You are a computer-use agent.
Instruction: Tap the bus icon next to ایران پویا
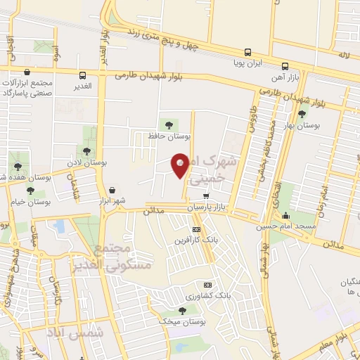(247, 52)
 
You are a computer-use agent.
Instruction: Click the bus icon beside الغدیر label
(83, 75)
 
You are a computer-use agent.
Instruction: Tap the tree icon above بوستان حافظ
(165, 124)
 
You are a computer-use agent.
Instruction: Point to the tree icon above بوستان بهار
(302, 114)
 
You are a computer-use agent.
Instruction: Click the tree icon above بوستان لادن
(87, 151)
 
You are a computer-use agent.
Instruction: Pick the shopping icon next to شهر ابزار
(112, 190)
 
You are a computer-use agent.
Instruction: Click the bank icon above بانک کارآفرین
(196, 229)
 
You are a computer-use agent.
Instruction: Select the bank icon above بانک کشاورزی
(207, 285)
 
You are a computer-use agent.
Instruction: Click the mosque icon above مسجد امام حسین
(285, 216)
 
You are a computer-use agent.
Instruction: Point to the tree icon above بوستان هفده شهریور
(18, 167)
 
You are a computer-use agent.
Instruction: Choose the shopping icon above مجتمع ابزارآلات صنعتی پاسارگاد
(27, 72)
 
